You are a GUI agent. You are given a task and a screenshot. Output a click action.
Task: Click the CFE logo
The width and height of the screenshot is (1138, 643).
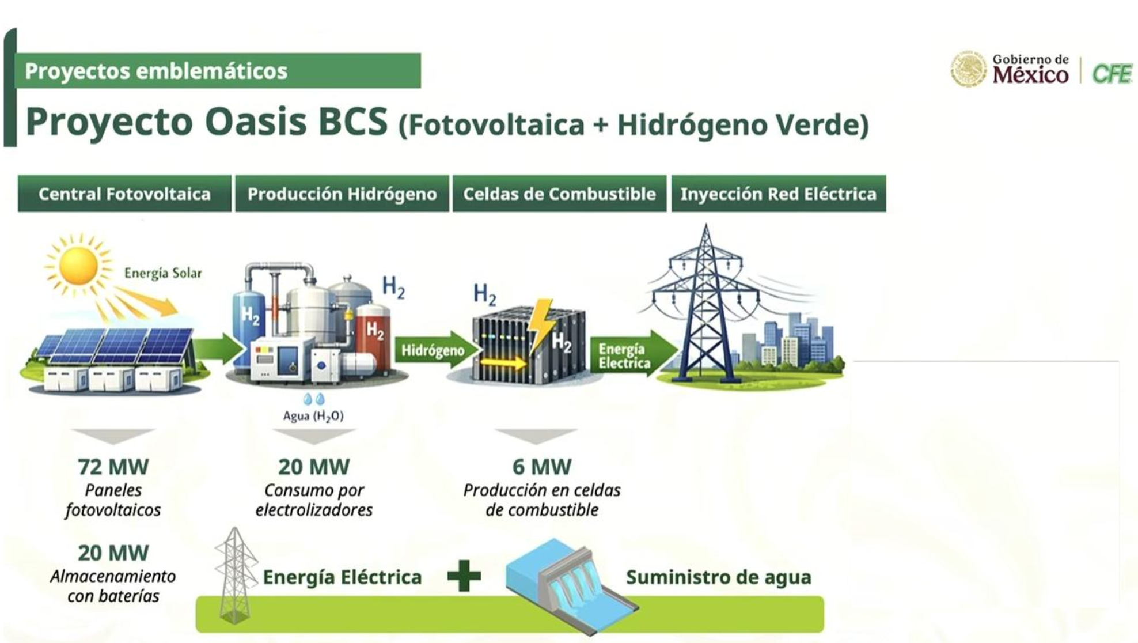pos(1112,73)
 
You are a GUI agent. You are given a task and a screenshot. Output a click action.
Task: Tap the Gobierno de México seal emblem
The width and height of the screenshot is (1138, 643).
pos(968,69)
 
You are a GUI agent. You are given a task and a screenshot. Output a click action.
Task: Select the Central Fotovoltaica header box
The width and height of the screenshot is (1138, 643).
pos(124,194)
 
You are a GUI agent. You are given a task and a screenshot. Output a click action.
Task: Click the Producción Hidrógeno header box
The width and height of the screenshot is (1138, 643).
pos(342,194)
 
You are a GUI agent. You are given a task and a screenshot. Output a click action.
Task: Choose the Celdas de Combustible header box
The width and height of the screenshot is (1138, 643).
pos(559,194)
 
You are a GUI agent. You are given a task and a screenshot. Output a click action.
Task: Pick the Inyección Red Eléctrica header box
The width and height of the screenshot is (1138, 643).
pos(779,194)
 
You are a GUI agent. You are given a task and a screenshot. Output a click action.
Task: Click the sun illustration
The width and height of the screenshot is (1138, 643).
pos(78,265)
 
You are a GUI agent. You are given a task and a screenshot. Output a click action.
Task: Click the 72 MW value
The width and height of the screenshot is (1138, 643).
pos(113,467)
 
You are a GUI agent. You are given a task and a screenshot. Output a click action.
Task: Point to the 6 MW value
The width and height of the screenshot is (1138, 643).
pos(542,467)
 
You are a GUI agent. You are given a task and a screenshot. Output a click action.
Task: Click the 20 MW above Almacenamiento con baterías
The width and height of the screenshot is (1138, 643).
pos(113,553)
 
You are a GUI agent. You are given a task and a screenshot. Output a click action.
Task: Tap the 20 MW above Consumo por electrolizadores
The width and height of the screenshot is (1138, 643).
pos(314,467)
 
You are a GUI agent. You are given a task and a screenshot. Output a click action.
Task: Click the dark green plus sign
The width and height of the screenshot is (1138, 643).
pos(464,576)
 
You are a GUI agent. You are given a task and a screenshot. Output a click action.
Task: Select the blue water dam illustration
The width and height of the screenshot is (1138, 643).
pos(572,585)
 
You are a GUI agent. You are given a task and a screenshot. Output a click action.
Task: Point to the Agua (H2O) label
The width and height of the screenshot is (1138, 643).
pos(313,416)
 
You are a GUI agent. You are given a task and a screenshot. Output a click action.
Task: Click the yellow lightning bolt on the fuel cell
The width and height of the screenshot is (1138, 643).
pos(541,325)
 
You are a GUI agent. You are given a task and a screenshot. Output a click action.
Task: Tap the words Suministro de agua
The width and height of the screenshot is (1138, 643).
pos(719,577)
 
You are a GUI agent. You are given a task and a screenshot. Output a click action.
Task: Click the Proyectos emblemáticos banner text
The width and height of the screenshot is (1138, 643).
pos(156,71)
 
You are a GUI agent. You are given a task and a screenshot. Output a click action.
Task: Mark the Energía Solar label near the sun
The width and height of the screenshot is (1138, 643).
pos(163,273)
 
